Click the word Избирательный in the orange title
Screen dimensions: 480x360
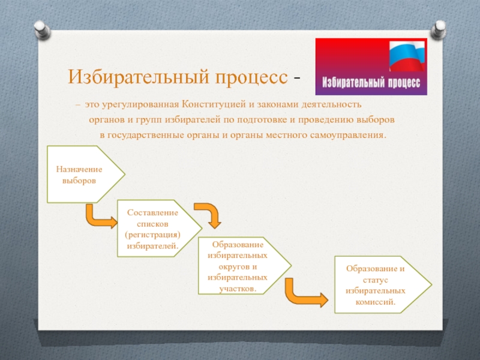[139, 77]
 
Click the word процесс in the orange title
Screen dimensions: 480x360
[251, 78]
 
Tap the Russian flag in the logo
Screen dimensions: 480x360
[407, 56]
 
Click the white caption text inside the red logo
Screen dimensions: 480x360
[371, 83]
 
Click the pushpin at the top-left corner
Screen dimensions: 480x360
[42, 29]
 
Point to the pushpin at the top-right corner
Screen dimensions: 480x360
[439, 29]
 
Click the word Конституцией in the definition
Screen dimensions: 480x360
[214, 104]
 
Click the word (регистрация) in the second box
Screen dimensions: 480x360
[153, 235]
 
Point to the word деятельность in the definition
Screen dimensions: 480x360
[332, 104]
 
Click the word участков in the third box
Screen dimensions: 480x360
[238, 289]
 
